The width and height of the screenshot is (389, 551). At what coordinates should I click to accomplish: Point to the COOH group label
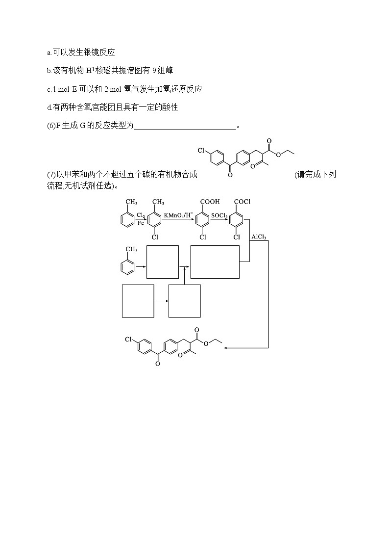click(x=210, y=201)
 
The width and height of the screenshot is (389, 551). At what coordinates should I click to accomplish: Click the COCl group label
click(x=243, y=201)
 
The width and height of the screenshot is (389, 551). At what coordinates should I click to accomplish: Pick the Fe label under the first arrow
click(x=140, y=223)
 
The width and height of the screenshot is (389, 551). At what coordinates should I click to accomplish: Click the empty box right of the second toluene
click(x=163, y=262)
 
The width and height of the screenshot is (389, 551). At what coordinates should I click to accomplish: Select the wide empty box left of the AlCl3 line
click(x=215, y=262)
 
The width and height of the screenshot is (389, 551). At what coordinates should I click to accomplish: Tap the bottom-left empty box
click(x=138, y=301)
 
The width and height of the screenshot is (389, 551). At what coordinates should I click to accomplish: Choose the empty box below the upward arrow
click(x=184, y=301)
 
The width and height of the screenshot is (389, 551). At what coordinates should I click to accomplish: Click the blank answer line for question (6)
click(x=185, y=126)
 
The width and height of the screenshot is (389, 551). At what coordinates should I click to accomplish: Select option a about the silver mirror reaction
click(x=81, y=52)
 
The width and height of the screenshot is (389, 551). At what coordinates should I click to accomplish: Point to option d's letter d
click(x=49, y=107)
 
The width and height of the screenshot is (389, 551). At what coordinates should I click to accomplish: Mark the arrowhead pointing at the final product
click(x=226, y=348)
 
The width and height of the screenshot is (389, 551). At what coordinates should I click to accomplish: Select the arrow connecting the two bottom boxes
click(x=161, y=301)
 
